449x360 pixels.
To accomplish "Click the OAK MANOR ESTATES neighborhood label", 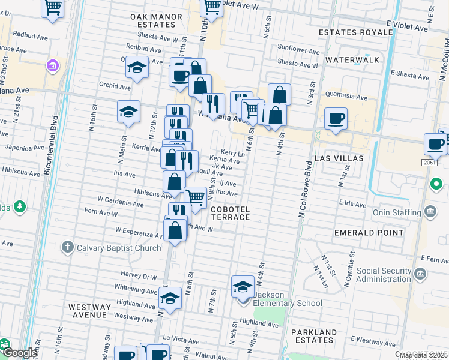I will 153,20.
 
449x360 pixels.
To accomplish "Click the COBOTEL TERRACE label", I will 230,213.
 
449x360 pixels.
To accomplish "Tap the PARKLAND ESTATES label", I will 314,337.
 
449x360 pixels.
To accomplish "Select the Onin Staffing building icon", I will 430,211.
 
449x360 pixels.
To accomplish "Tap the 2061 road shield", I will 429,163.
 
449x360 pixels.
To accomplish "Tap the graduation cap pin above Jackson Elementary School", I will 243,286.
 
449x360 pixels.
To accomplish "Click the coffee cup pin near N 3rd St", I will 336,118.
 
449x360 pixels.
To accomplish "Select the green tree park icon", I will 19,207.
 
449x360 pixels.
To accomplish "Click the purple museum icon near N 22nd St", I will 52,65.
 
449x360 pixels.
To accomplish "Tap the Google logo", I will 20,353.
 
